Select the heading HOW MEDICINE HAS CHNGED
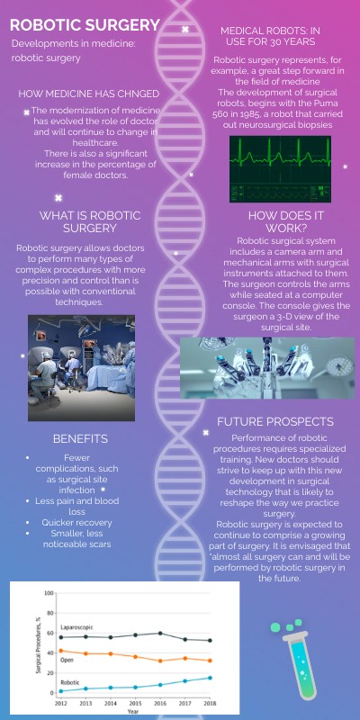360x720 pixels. coord(89,94)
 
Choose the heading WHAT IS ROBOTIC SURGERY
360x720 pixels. coord(91,221)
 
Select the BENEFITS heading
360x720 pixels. coord(80,438)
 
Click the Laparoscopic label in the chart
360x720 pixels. coord(80,625)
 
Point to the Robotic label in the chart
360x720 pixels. coord(69,683)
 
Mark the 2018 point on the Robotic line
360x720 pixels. coord(211,678)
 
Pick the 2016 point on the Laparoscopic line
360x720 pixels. coord(160,634)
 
